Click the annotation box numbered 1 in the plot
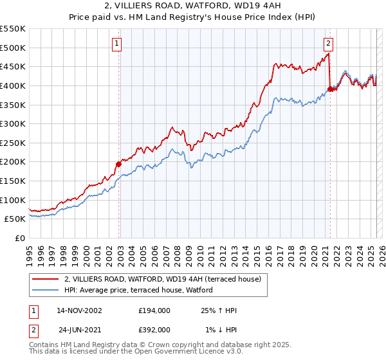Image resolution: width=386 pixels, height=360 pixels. click(x=117, y=44)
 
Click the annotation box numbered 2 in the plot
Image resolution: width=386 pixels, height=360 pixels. click(x=328, y=44)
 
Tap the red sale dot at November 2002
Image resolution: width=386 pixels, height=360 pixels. click(x=119, y=164)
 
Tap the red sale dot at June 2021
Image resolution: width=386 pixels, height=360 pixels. click(x=330, y=89)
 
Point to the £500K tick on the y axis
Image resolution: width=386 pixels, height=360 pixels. click(x=13, y=48)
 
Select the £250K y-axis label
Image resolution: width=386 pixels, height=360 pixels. click(x=13, y=143)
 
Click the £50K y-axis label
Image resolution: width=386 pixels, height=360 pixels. click(x=15, y=219)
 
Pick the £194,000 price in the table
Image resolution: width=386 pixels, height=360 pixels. click(x=154, y=310)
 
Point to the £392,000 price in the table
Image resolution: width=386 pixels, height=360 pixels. click(x=154, y=330)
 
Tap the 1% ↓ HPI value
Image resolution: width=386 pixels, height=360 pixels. click(x=221, y=330)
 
